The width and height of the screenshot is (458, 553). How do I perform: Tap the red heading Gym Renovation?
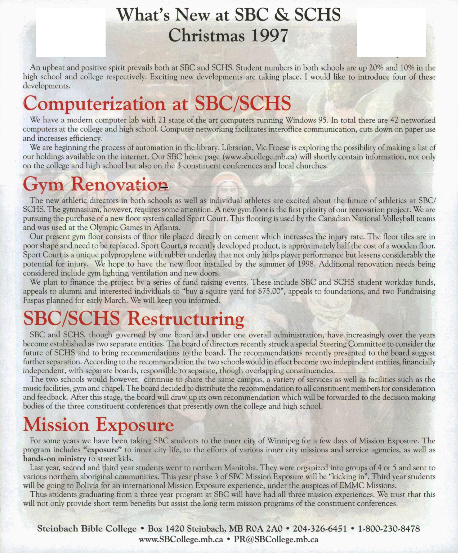tap(95, 184)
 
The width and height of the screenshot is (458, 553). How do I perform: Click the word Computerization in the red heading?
tap(94, 104)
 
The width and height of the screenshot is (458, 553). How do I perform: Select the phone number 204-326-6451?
tap(320, 529)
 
